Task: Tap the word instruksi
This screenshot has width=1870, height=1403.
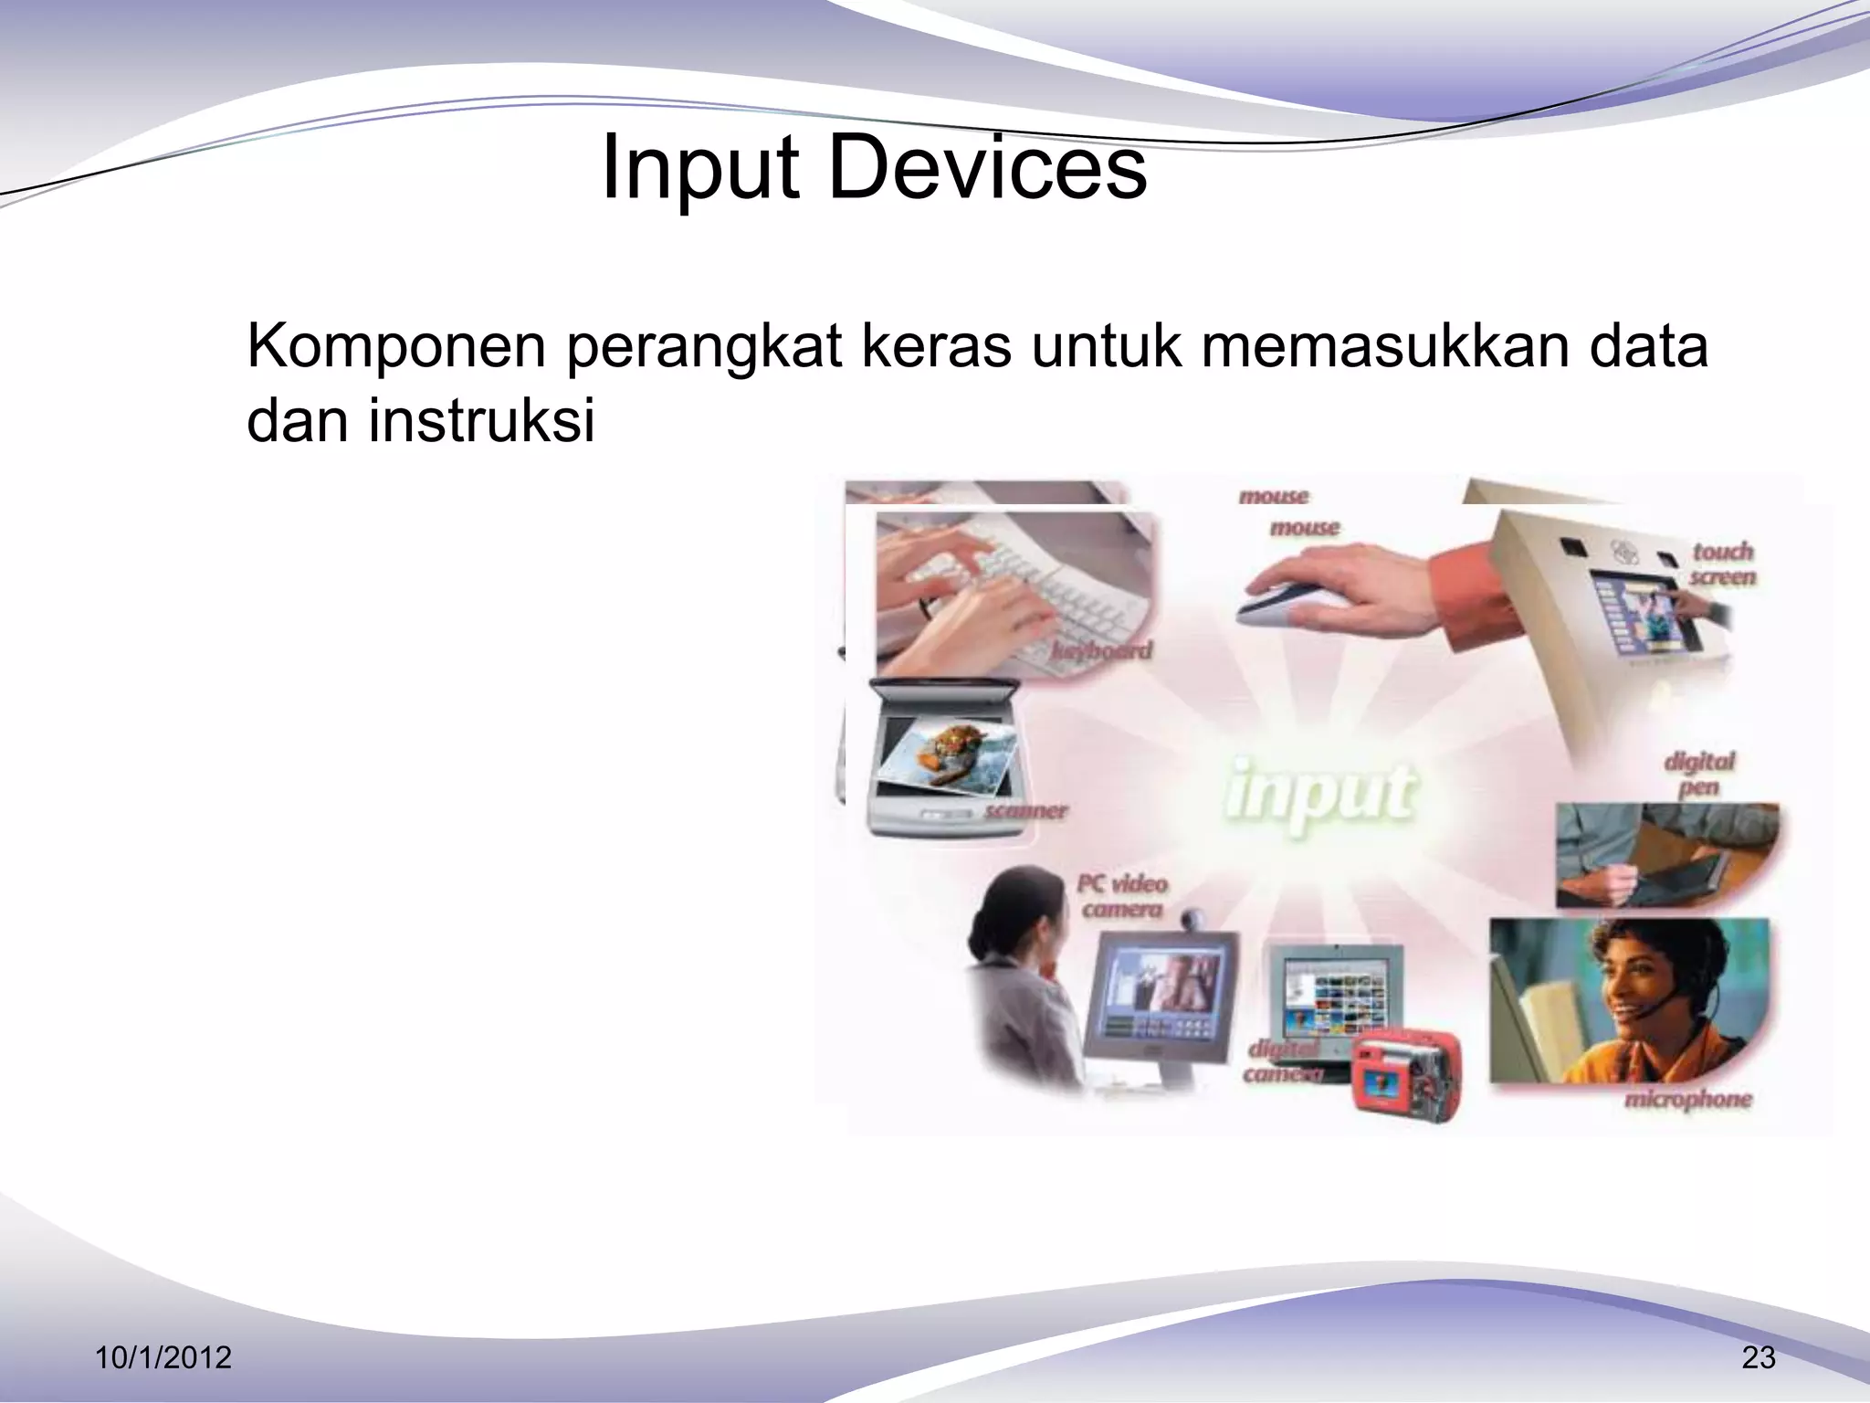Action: click(481, 421)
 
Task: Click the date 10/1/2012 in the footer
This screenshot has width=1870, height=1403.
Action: click(163, 1358)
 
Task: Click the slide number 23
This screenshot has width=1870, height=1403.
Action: click(1759, 1358)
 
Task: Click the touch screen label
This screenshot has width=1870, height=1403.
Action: click(1722, 564)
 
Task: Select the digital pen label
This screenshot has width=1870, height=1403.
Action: click(1697, 774)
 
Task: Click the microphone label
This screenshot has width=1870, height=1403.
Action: click(1687, 1099)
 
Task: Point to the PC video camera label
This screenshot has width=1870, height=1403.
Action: click(1122, 897)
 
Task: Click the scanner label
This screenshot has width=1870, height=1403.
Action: click(1025, 811)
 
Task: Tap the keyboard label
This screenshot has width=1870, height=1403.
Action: click(1101, 651)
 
